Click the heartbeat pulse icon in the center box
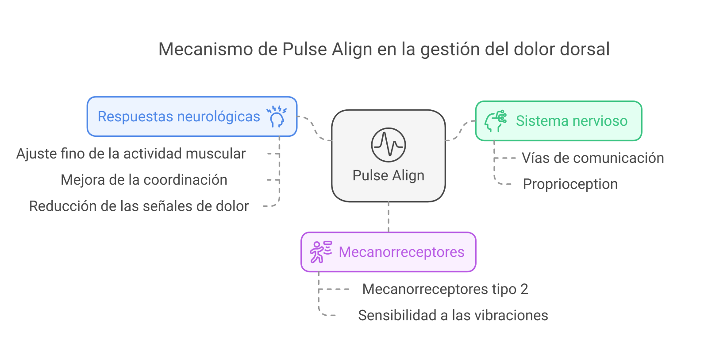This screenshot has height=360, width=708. tap(388, 145)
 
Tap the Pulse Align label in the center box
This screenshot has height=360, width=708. tap(388, 175)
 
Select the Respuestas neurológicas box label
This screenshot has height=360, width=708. tap(179, 116)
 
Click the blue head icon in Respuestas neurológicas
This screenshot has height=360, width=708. tap(277, 117)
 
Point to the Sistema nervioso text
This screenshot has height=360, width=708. tap(571, 121)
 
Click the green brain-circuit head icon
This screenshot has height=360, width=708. tap(496, 121)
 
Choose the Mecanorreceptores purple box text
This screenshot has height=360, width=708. tap(401, 252)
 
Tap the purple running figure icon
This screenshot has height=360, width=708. tap(320, 252)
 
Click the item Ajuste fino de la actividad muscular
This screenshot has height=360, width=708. tap(131, 154)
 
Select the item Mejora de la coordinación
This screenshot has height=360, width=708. tap(144, 180)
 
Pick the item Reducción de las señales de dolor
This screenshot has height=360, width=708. tap(139, 206)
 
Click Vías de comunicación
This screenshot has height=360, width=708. tap(593, 158)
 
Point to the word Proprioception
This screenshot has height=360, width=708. tap(570, 184)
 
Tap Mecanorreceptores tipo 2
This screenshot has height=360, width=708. tap(445, 289)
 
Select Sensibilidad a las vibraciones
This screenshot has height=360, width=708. tap(453, 315)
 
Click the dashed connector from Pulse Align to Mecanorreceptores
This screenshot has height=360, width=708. tap(389, 217)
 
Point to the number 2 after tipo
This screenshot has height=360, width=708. tap(524, 289)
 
